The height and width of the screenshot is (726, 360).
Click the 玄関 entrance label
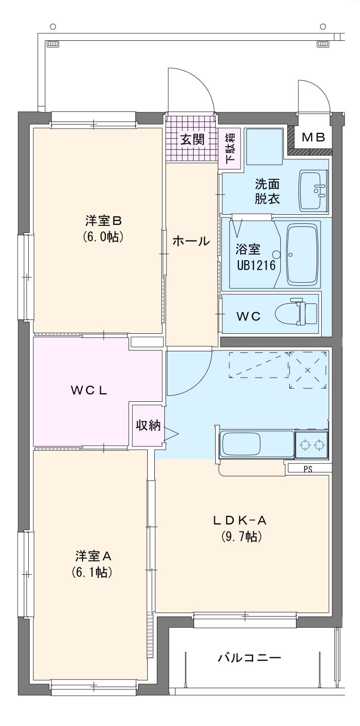click(193, 140)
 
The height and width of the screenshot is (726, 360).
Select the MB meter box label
click(314, 138)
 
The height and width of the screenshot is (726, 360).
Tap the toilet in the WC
click(296, 312)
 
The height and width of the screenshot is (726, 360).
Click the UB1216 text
click(256, 265)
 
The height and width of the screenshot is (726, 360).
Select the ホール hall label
click(191, 241)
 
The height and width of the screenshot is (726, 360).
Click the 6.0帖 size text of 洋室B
click(103, 237)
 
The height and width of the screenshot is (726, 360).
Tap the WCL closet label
click(89, 391)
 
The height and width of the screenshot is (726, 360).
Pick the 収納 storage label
click(148, 425)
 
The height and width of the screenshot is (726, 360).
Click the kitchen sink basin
click(240, 444)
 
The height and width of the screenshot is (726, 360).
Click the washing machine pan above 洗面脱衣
click(264, 147)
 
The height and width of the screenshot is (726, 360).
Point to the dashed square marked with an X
click(308, 370)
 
